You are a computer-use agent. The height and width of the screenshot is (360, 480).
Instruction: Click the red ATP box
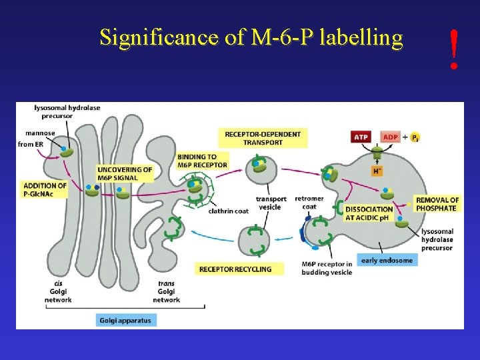[361, 137]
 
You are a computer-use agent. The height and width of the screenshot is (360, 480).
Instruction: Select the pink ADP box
[390, 137]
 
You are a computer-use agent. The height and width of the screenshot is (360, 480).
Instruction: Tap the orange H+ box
[377, 171]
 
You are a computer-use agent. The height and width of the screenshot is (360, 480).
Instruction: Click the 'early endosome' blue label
[387, 260]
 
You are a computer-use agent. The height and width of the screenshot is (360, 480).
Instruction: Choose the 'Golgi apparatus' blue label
[125, 320]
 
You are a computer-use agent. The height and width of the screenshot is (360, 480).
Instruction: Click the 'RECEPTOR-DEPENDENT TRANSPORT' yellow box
[262, 138]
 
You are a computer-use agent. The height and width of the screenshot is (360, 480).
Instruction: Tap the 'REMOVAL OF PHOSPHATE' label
[437, 204]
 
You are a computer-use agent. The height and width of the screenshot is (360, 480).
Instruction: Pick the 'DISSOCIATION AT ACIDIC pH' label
[369, 213]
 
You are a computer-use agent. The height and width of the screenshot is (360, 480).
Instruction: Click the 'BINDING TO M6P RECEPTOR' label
[202, 161]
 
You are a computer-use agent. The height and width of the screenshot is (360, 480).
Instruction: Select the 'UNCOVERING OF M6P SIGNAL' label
[125, 173]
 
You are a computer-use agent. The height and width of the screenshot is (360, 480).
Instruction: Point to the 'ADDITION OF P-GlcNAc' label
[45, 189]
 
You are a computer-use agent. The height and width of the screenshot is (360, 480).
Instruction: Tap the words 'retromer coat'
[309, 202]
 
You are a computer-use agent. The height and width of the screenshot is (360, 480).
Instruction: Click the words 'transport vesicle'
[271, 203]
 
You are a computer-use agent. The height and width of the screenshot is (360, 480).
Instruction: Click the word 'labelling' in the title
[361, 37]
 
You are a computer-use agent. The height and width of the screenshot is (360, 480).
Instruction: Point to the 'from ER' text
[30, 144]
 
